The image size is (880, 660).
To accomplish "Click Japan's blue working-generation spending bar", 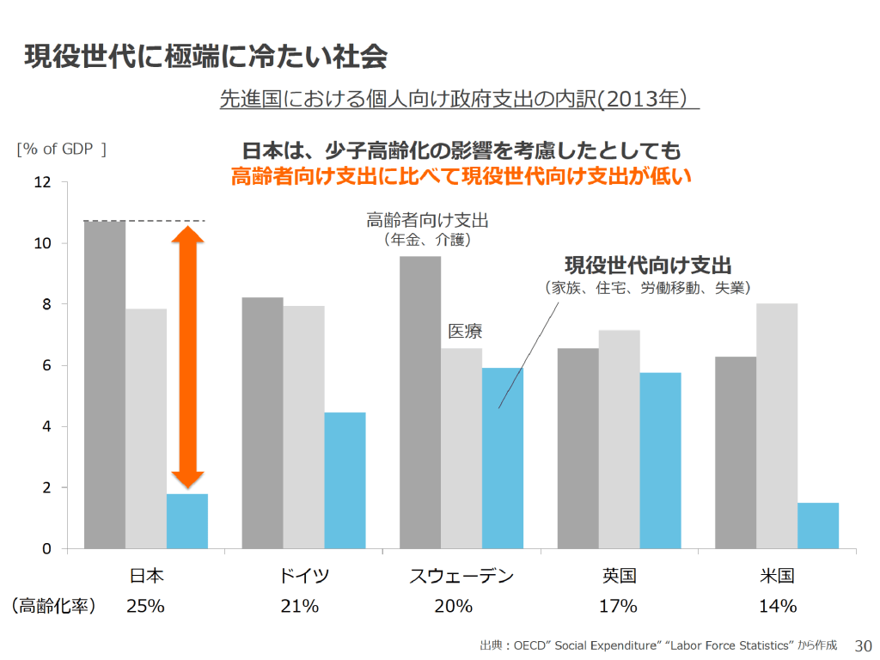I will (x=187, y=521).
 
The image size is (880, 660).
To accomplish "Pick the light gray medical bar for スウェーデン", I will (x=461, y=448).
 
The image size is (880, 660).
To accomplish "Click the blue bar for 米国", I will (x=817, y=525).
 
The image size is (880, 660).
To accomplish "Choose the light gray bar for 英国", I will (x=619, y=439).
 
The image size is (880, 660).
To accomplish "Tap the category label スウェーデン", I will (x=461, y=576).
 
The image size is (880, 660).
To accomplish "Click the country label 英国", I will (x=619, y=576).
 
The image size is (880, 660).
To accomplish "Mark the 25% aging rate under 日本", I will (x=145, y=606).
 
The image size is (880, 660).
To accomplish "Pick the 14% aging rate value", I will (x=777, y=606).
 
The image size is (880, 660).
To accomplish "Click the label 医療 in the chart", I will (x=465, y=331).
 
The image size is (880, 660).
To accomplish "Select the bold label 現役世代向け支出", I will (x=653, y=264).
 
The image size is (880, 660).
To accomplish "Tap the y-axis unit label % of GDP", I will (x=61, y=149).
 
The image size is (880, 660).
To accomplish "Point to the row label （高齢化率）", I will (x=53, y=606).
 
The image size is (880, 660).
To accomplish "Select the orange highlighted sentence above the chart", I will (x=461, y=177).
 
